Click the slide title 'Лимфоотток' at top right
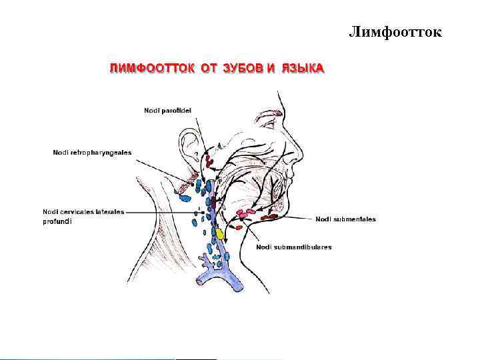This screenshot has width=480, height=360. pos(395,32)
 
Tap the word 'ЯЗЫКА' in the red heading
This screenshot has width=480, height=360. pos(302,68)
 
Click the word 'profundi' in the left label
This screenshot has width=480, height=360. pos(57,221)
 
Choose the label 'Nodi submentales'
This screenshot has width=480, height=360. pos(345,219)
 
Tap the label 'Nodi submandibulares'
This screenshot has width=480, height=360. pos(293,247)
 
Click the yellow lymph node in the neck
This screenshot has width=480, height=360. pos(219,234)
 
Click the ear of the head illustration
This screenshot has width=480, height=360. pos(190,148)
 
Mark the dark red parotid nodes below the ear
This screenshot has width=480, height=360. pos(209,159)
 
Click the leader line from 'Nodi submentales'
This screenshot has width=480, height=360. pos(296,218)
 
